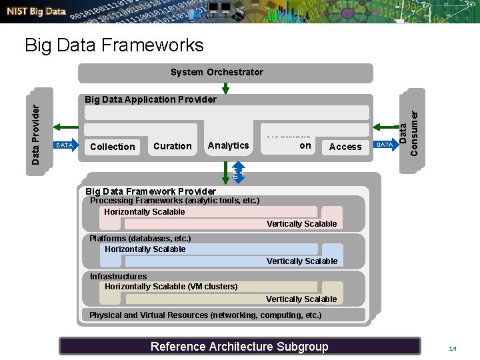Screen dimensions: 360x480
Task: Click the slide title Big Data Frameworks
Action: coord(114,45)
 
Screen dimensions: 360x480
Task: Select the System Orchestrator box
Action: coord(217,72)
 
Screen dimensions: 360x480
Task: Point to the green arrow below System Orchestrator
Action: coord(225,89)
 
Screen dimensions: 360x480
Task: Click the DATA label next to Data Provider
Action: coord(65,145)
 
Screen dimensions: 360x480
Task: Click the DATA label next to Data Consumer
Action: coord(385,145)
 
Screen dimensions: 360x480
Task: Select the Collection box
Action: coord(112,147)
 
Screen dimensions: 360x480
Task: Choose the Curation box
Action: coord(172,146)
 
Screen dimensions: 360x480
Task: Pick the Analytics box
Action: coord(228,145)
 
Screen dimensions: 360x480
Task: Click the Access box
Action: coord(345,147)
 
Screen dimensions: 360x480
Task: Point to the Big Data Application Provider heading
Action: coord(151,99)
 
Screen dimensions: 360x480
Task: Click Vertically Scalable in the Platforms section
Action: coord(302,261)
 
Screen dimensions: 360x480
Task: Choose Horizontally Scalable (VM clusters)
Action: coord(171,287)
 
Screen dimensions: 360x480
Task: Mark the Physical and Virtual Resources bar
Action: coord(205,315)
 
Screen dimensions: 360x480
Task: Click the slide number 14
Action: coord(453,349)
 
